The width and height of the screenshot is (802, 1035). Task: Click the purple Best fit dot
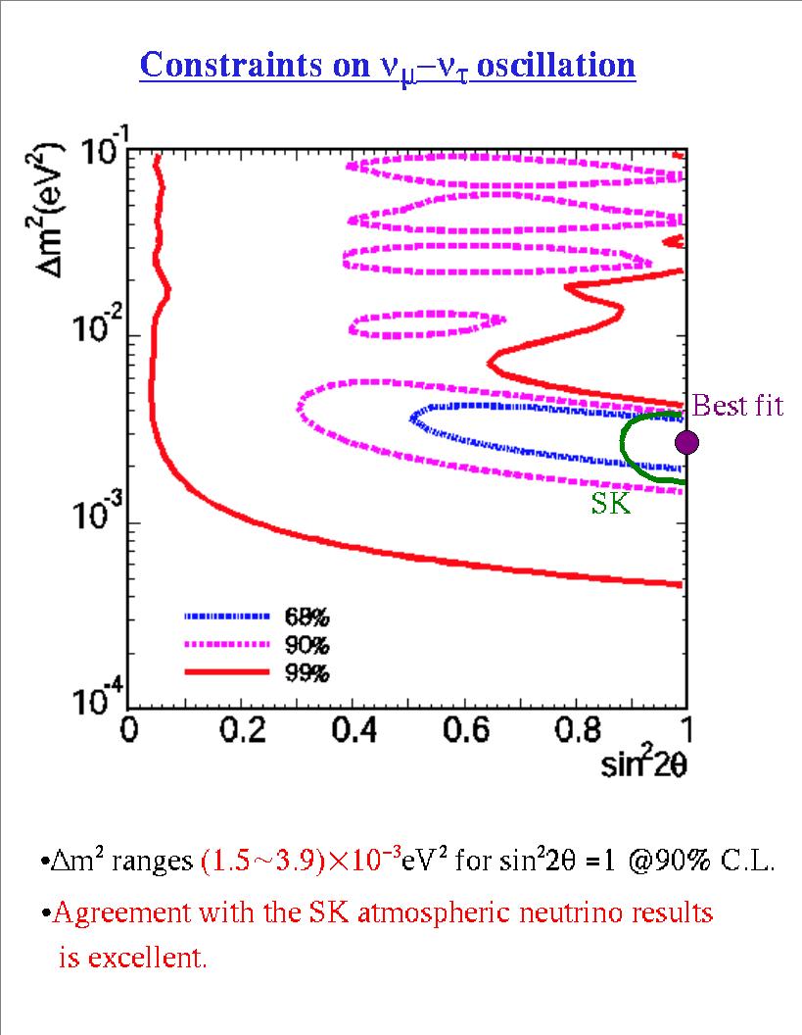[x=687, y=442]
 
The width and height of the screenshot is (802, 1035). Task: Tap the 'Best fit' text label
[x=737, y=406]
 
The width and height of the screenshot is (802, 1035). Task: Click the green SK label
[x=610, y=504]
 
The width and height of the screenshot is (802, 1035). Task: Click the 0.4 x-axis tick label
[x=354, y=731]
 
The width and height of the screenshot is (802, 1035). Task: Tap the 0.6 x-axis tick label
[x=465, y=731]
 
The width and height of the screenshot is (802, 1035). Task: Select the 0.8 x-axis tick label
[x=577, y=731]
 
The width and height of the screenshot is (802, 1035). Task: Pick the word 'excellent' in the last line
[x=146, y=958]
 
